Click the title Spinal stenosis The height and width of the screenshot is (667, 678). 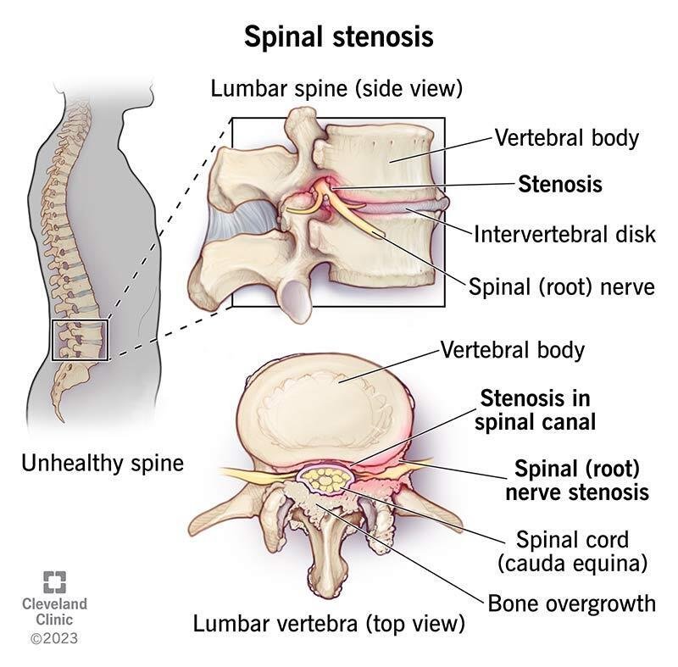click(338, 37)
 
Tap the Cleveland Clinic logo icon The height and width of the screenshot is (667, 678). click(55, 582)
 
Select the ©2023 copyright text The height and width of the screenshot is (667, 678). click(54, 638)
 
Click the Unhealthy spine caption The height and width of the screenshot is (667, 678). click(103, 464)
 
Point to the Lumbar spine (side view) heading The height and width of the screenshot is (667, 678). click(336, 89)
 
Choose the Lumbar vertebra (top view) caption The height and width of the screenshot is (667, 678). click(329, 623)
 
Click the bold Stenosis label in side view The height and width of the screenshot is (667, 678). click(560, 184)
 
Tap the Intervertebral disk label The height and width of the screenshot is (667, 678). click(564, 234)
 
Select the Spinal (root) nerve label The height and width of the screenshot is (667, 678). click(562, 286)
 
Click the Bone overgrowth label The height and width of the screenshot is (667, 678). click(571, 603)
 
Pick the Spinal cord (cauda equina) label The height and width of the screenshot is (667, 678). click(572, 552)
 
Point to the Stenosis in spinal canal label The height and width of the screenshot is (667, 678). click(536, 410)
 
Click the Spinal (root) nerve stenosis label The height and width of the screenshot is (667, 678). click(577, 481)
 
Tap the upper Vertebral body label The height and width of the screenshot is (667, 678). click(567, 138)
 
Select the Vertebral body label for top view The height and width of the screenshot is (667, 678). click(513, 350)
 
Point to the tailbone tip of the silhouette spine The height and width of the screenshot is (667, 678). click(61, 420)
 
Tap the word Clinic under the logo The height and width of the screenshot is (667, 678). click(54, 620)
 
